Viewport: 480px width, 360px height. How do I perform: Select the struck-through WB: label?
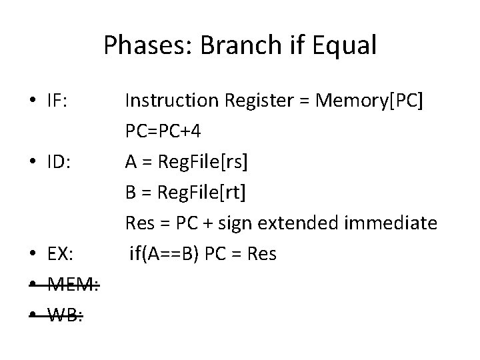[x=65, y=315]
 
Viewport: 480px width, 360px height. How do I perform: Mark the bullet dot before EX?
[x=33, y=255]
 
